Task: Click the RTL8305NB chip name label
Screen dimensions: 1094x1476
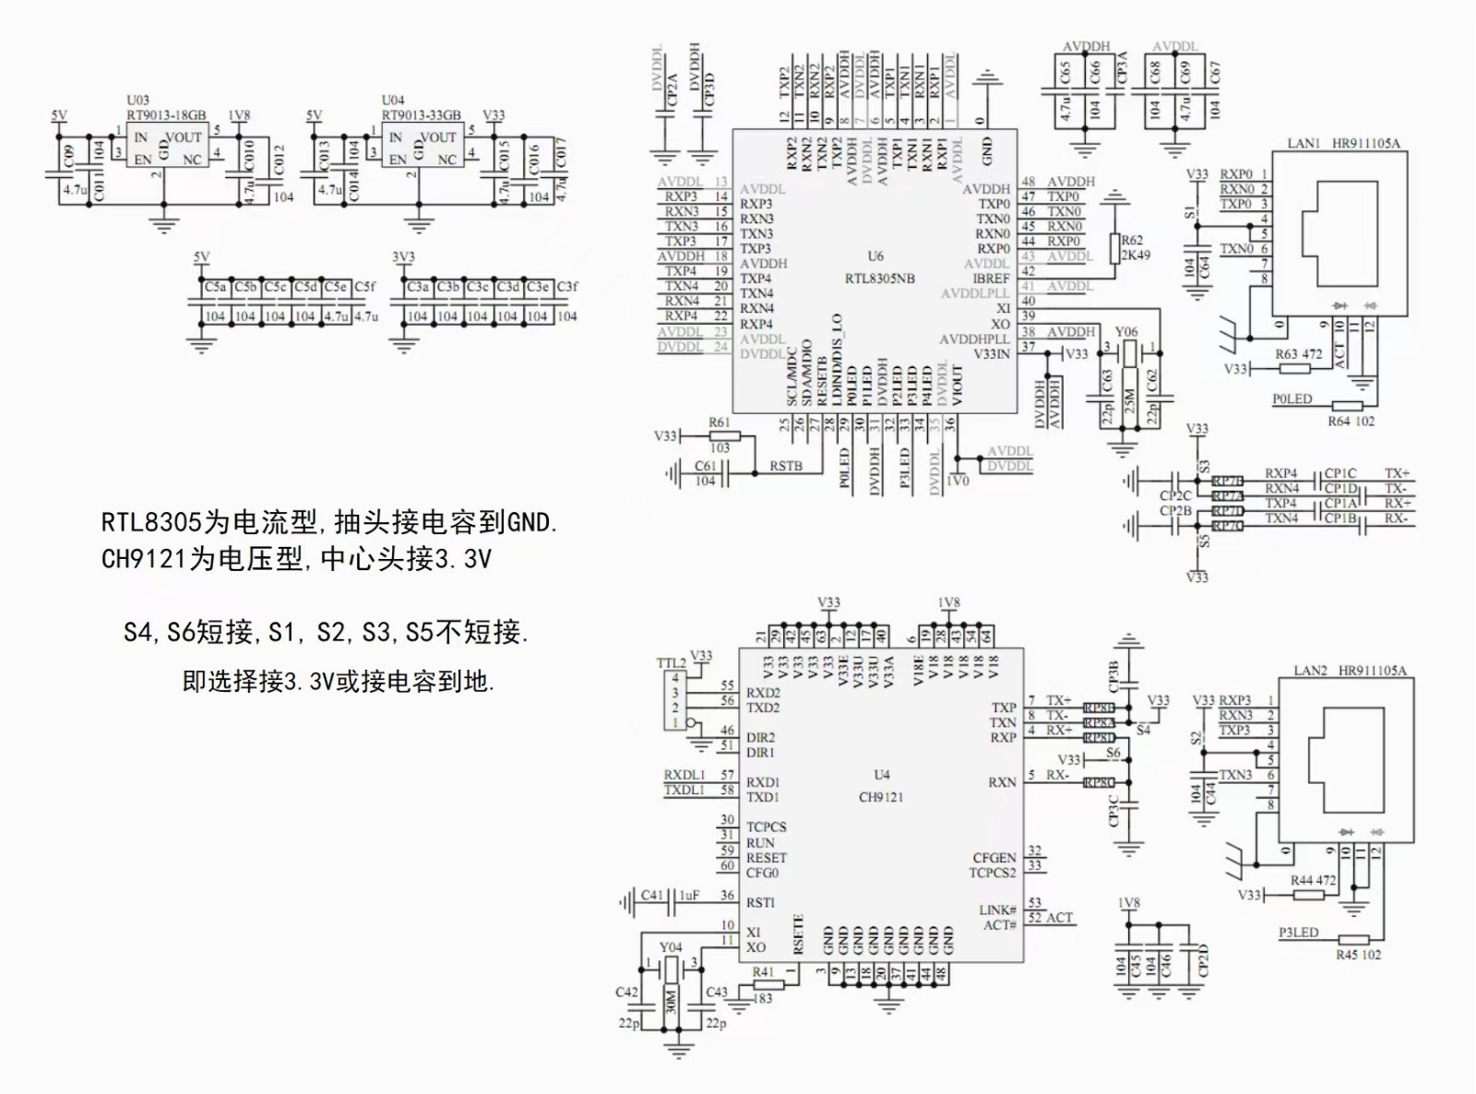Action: [879, 279]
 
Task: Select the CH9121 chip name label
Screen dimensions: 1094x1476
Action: [881, 797]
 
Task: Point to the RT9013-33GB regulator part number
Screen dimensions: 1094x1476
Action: [422, 115]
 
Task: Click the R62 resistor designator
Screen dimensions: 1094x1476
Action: [1132, 241]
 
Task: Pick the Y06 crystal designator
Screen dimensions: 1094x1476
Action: [1126, 332]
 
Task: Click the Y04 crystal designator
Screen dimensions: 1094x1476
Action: [671, 947]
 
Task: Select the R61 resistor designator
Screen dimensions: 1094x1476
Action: [720, 422]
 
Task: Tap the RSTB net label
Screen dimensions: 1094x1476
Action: [785, 467]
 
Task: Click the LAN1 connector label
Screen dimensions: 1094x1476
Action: [1303, 144]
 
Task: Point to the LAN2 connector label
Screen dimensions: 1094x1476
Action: [1310, 671]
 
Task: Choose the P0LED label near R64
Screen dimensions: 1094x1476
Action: [1291, 399]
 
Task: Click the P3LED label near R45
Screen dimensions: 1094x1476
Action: [1298, 933]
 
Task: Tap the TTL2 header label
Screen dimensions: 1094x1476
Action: [671, 663]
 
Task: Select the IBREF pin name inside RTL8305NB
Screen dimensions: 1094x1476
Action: [991, 279]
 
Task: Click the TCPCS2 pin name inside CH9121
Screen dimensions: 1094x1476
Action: [992, 873]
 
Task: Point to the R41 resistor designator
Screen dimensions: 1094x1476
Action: [763, 972]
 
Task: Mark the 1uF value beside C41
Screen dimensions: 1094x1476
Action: [689, 896]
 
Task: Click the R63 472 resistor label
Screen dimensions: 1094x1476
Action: [1298, 354]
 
